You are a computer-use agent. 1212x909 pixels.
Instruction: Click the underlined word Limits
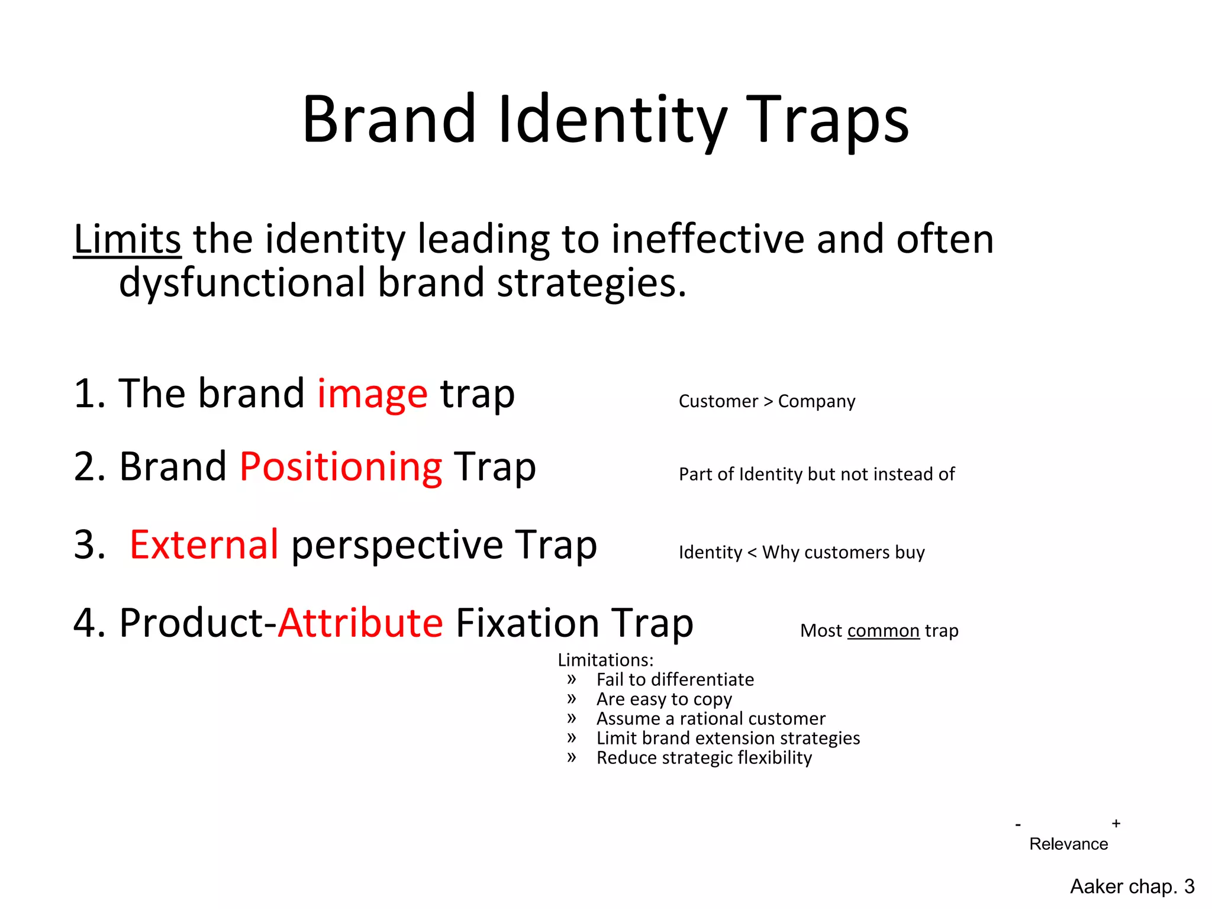[127, 240]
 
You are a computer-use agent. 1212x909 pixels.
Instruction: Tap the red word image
[372, 394]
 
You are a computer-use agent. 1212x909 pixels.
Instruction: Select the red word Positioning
[341, 467]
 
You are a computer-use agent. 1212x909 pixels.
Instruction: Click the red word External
[204, 544]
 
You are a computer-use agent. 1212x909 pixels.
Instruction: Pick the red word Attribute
[360, 623]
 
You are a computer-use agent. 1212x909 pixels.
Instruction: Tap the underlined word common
[883, 631]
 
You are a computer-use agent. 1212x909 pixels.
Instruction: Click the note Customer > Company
[766, 401]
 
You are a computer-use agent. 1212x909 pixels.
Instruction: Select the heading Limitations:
[605, 660]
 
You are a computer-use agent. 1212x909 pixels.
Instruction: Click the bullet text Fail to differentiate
[675, 679]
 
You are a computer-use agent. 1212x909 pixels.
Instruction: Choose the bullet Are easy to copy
[664, 700]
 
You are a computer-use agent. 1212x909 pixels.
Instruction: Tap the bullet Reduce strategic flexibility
[704, 758]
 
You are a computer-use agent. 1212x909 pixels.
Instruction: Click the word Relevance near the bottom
[1068, 844]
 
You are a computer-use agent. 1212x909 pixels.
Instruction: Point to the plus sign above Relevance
[1116, 823]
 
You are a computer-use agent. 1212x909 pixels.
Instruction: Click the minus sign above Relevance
[1018, 825]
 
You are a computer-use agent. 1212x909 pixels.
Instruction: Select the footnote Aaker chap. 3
[1132, 887]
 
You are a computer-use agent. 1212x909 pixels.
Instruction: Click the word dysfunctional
[242, 283]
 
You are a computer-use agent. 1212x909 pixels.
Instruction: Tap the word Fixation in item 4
[527, 623]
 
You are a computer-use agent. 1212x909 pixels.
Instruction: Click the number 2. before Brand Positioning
[89, 467]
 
